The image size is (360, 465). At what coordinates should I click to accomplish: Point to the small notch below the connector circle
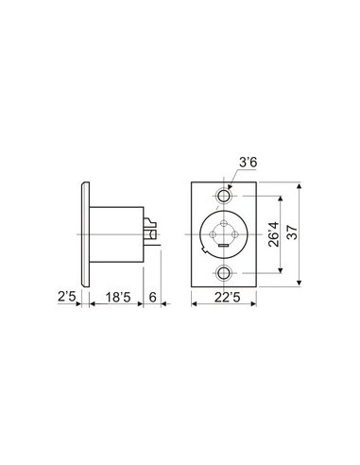(x=225, y=249)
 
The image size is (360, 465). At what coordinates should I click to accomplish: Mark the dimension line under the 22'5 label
(x=225, y=304)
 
